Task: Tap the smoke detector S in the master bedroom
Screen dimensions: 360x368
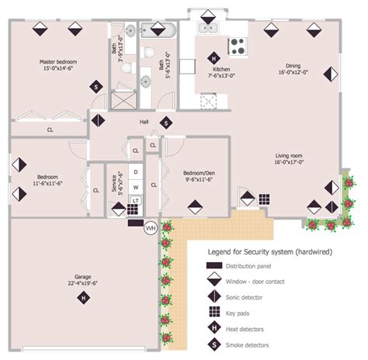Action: tap(95, 87)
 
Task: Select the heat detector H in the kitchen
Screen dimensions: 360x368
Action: tap(215, 57)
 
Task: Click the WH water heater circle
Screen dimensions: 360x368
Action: tap(151, 227)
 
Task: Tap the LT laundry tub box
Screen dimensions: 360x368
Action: tap(135, 201)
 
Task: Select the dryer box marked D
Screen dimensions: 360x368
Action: tap(136, 172)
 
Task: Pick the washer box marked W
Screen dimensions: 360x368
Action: tap(136, 187)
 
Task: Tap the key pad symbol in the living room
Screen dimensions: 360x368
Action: tap(265, 199)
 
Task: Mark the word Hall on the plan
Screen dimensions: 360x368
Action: tap(143, 123)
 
